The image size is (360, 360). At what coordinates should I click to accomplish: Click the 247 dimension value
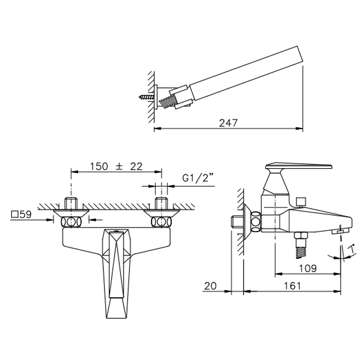[228, 123]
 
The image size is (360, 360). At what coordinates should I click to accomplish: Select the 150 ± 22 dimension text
[116, 166]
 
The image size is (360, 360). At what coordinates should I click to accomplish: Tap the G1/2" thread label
[198, 178]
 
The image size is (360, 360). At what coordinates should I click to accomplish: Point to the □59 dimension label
[22, 214]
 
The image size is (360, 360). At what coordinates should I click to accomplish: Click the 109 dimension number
[308, 268]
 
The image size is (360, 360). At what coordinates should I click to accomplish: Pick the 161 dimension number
[292, 286]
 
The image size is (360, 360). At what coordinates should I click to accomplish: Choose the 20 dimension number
[210, 286]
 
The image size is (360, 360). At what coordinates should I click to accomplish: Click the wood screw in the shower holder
[147, 97]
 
